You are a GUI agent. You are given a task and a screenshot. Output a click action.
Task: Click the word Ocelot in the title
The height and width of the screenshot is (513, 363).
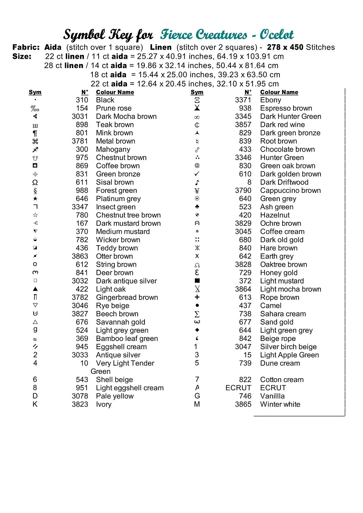(276, 35)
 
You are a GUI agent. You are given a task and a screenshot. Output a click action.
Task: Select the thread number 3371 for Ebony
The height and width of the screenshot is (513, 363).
(243, 100)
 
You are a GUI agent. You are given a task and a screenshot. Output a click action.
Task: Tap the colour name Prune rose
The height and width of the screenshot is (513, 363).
(114, 108)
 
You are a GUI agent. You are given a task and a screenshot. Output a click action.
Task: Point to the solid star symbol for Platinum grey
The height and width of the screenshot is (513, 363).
(35, 199)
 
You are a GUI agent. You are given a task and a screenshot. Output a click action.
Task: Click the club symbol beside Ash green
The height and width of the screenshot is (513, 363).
(197, 207)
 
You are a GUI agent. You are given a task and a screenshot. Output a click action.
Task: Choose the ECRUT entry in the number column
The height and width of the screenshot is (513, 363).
(238, 388)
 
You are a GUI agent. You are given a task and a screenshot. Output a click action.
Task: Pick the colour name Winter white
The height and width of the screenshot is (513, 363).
(280, 404)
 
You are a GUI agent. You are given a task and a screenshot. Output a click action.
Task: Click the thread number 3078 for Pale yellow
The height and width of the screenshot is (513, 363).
(80, 396)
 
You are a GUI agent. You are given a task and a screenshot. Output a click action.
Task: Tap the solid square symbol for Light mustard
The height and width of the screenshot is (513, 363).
(197, 281)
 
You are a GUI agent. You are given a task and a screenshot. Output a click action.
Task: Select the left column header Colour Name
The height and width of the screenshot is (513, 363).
(115, 92)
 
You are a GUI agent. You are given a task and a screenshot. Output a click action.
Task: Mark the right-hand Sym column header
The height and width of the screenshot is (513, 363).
(197, 92)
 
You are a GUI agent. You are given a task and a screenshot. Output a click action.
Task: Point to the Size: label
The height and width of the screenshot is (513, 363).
(22, 56)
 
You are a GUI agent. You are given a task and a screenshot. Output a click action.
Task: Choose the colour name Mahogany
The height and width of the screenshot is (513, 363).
(113, 149)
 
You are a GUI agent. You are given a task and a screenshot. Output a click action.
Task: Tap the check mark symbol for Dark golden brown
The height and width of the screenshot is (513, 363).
(197, 174)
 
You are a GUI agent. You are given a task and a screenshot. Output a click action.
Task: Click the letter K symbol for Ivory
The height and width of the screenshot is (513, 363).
(35, 404)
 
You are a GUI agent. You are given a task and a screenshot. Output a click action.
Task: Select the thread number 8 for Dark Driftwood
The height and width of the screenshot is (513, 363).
(249, 182)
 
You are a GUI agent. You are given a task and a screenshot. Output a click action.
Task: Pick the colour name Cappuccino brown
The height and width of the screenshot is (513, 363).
(290, 190)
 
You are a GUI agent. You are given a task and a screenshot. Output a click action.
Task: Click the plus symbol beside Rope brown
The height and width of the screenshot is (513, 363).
(197, 297)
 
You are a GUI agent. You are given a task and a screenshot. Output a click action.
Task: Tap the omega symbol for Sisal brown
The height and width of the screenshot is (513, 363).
(35, 182)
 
